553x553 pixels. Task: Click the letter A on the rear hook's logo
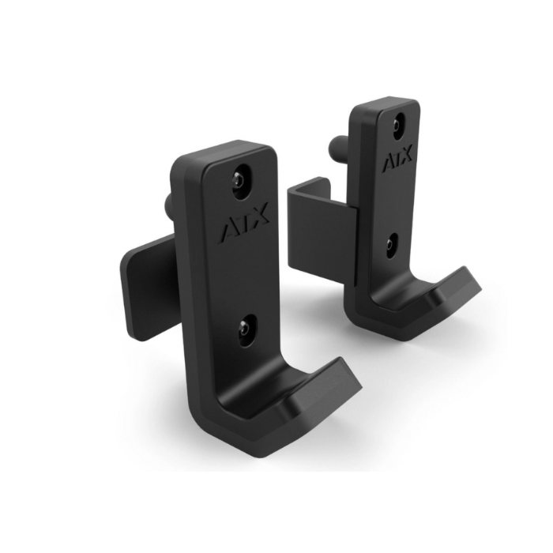(387, 164)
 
